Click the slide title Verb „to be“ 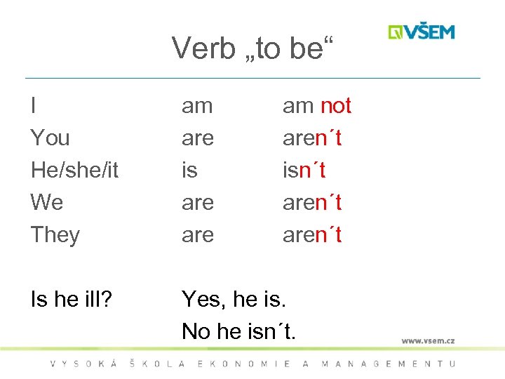(x=253, y=48)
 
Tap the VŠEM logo (x=422, y=32)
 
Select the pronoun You (x=50, y=138)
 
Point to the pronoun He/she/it (x=74, y=170)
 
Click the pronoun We (x=47, y=202)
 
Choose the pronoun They (x=55, y=234)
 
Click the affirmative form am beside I (x=197, y=106)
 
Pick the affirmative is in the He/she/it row (x=189, y=170)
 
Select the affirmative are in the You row (x=197, y=138)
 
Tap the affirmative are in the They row (x=197, y=234)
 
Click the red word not (x=335, y=106)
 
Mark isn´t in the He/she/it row (x=304, y=170)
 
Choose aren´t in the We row (x=312, y=202)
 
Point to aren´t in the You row (x=312, y=138)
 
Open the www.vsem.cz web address (x=428, y=341)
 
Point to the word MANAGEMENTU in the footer (x=388, y=364)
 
